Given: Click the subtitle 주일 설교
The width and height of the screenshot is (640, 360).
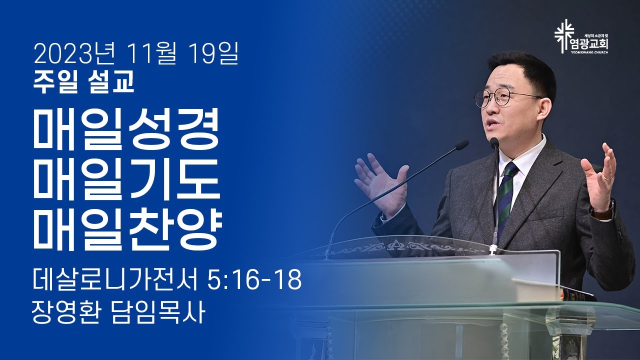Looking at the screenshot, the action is [x=83, y=81].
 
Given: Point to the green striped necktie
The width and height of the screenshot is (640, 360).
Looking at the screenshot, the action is [x=505, y=196].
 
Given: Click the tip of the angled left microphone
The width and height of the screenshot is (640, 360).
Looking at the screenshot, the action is [x=461, y=145].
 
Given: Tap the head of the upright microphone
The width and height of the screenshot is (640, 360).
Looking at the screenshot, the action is [x=494, y=142].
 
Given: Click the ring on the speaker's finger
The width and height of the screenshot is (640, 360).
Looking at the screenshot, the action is [x=607, y=177].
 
